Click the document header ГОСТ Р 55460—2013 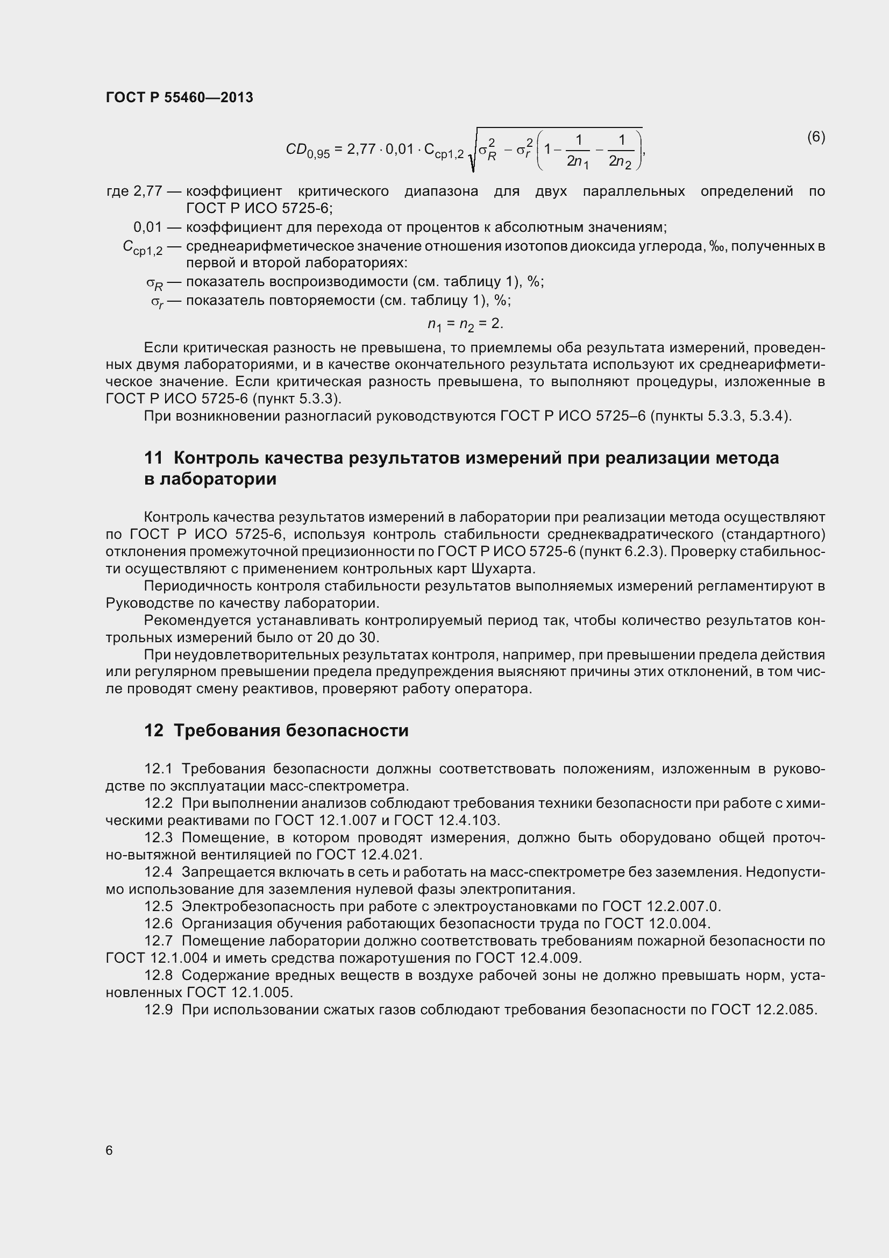179,97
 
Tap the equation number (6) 816,137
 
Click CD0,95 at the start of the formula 307,150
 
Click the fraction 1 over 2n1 577,151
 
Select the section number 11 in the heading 153,458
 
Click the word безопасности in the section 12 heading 347,730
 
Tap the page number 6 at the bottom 109,1150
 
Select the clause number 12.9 158,1009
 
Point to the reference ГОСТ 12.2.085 764,1009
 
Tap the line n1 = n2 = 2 465,324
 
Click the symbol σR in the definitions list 154,284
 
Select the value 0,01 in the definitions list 148,227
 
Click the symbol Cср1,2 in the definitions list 143,248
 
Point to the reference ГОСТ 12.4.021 369,854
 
